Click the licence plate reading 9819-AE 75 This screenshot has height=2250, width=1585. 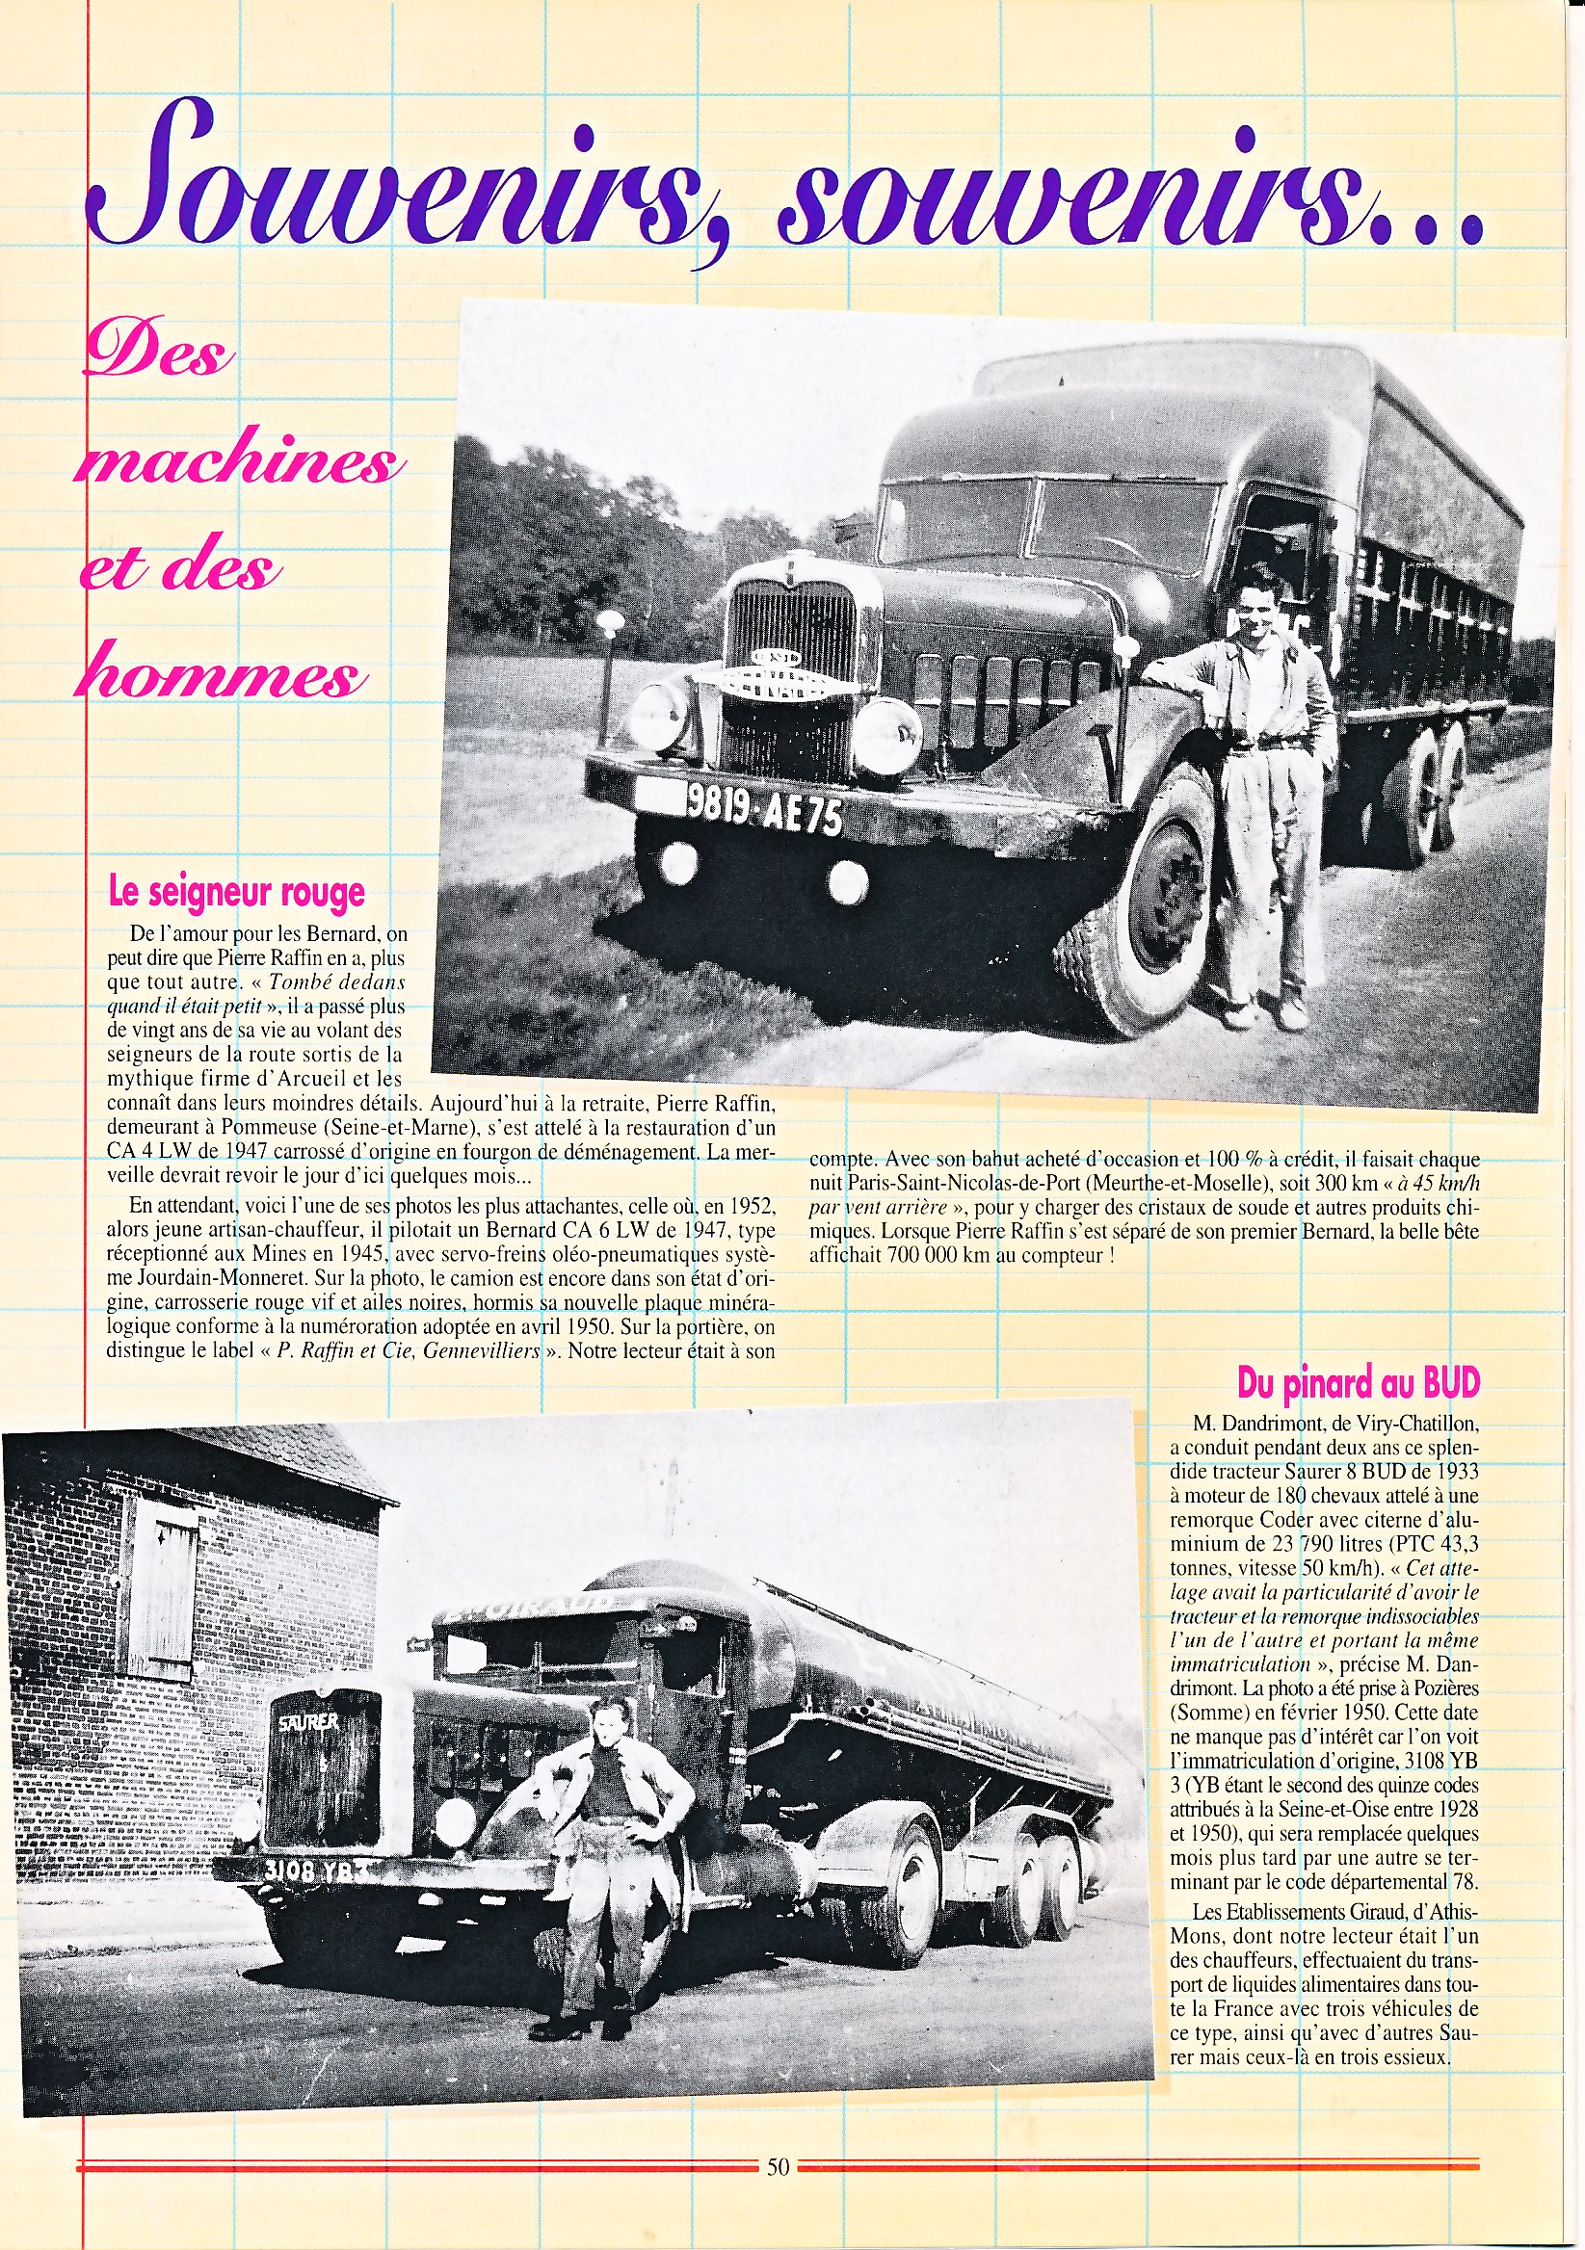(763, 809)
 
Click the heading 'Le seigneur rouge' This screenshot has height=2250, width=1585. (236, 893)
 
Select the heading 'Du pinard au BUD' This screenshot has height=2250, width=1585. (1358, 1382)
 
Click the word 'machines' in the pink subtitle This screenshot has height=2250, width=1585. (240, 458)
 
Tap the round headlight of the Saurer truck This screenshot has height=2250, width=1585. (453, 1821)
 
